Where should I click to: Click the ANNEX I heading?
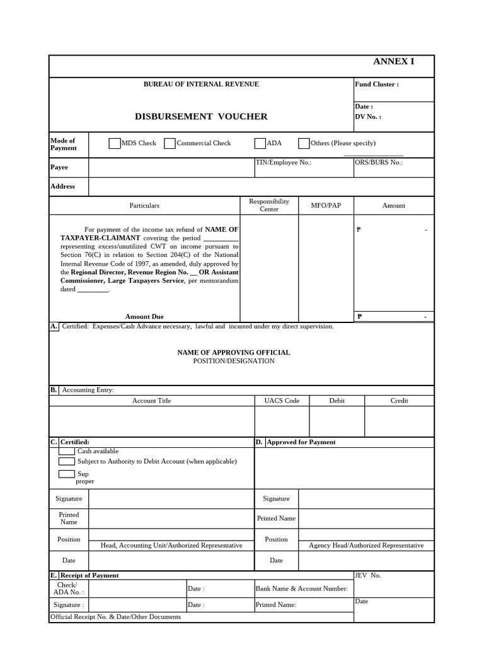pos(393,61)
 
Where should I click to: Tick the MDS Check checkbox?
pos(114,143)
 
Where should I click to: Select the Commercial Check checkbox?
pos(170,143)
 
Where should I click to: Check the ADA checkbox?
pos(260,143)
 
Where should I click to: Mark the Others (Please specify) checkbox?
pos(304,143)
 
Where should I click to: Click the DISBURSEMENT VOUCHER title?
pos(201,117)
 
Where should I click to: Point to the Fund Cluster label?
pos(377,85)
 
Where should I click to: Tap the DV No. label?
pos(368,117)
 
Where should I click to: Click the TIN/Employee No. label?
pos(283,162)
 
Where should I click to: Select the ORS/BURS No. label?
pos(379,162)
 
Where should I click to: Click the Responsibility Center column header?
pos(269,205)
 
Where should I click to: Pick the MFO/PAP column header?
pos(326,206)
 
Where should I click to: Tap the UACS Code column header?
pos(282,401)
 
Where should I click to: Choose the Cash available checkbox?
pos(67,451)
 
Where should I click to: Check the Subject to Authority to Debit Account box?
pos(67,461)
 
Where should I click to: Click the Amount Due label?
pos(144,317)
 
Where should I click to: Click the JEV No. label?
pos(368,575)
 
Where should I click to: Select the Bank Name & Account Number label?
pos(301,589)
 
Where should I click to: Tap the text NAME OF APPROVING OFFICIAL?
pos(234,353)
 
